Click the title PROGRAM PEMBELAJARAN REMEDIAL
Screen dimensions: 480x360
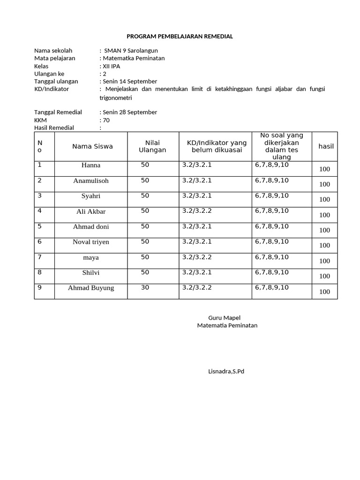point(180,36)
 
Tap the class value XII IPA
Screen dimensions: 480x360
point(111,66)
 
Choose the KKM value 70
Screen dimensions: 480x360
point(106,120)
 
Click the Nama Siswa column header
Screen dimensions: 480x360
point(92,146)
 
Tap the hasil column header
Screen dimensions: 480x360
point(326,146)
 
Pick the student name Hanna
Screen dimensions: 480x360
point(91,165)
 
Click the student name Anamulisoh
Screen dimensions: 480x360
point(91,180)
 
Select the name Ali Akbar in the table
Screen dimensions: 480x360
point(91,211)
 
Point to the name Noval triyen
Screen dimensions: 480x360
point(91,242)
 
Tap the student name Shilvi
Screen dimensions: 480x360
point(91,272)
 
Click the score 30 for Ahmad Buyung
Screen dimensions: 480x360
point(145,287)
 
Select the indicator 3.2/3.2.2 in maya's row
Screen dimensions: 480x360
point(197,257)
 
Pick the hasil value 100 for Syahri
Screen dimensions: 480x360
point(324,199)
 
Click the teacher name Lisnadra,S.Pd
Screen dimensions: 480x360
point(226,371)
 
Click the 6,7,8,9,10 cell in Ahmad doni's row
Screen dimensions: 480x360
point(272,226)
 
